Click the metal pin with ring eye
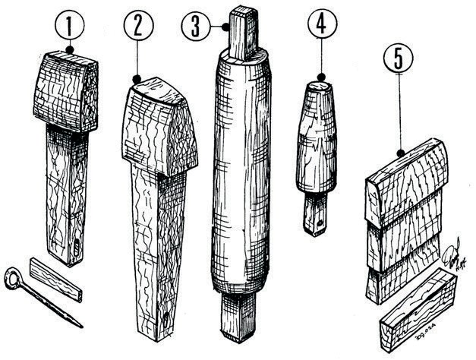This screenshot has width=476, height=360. pyautogui.click(x=46, y=296)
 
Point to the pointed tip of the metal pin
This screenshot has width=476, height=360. pyautogui.click(x=80, y=326)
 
